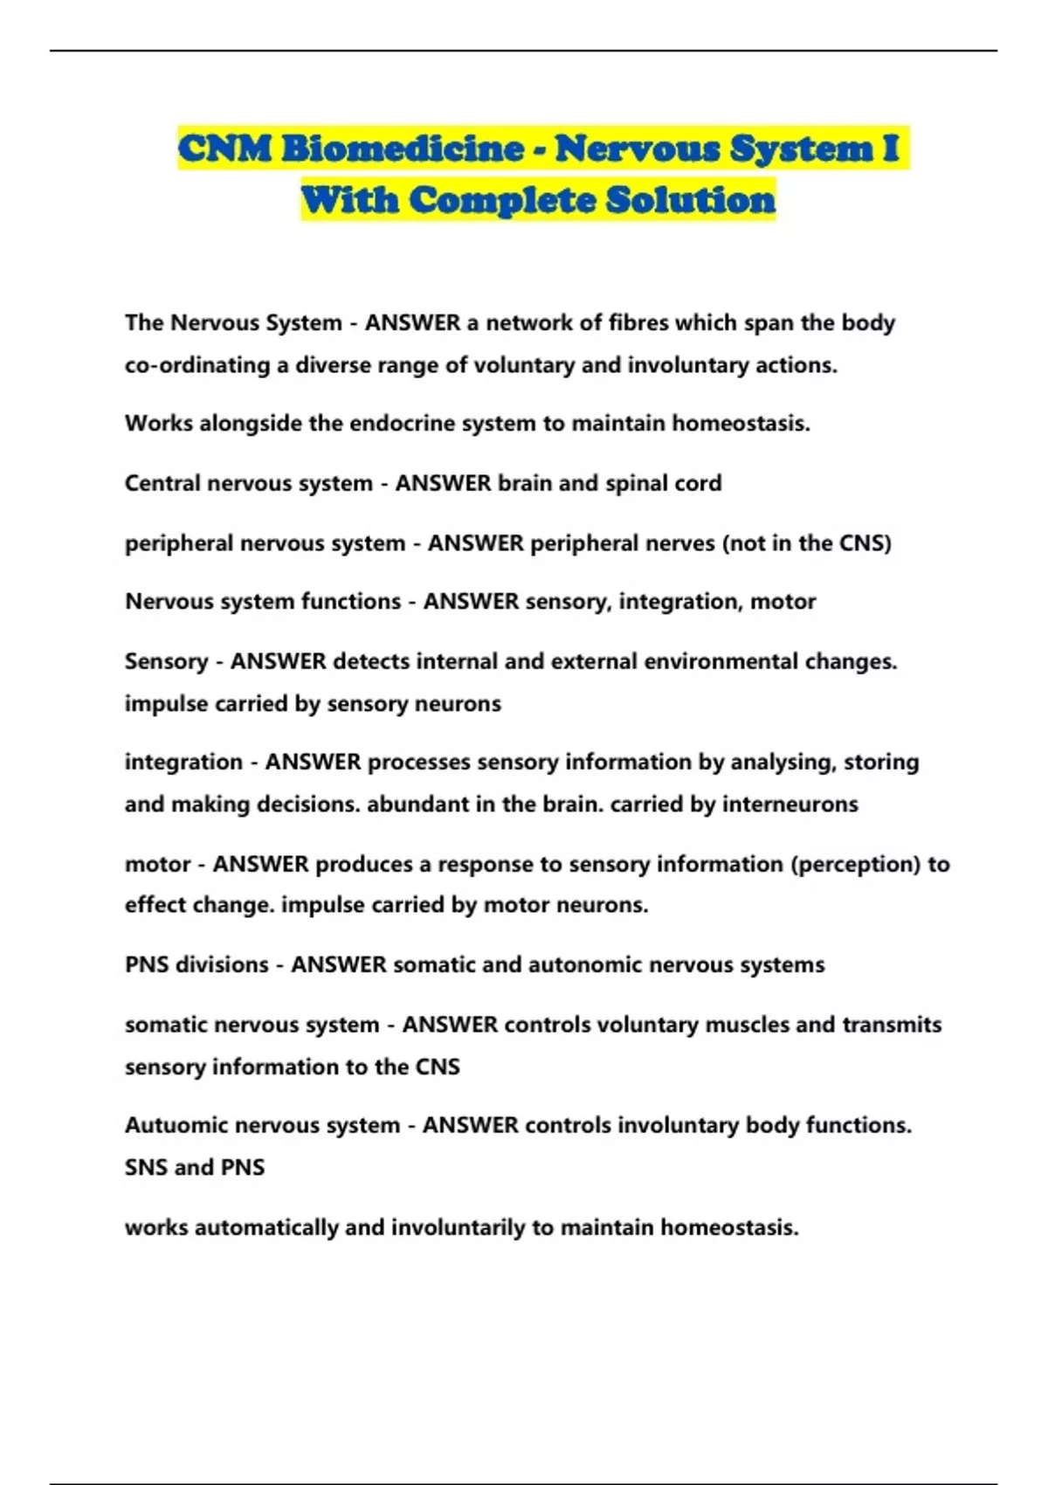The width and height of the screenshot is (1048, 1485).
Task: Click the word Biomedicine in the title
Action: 401,148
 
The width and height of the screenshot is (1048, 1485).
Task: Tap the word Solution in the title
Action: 690,200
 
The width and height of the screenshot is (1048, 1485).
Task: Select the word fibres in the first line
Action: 638,323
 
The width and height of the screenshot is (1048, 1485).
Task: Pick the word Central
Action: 162,483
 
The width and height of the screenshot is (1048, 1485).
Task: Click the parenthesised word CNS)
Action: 865,543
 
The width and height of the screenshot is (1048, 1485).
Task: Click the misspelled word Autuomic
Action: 174,1125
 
